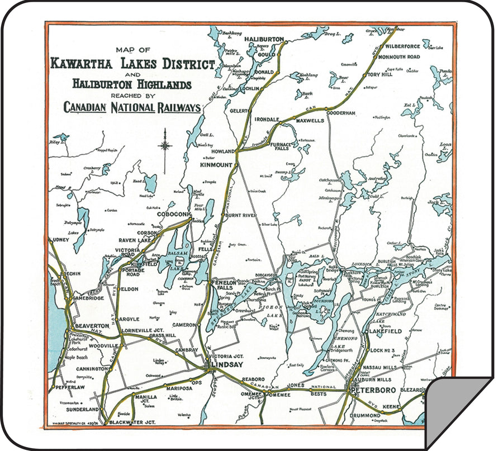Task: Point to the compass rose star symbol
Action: [165, 146]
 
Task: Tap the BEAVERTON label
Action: [91, 325]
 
